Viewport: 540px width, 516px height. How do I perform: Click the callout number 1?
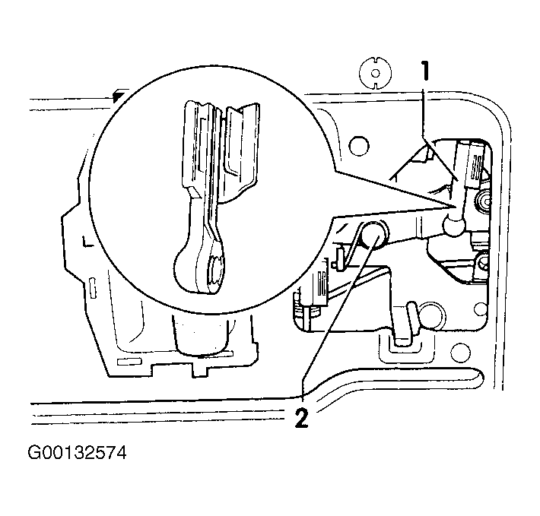click(x=426, y=71)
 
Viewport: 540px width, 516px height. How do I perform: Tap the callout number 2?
click(x=302, y=418)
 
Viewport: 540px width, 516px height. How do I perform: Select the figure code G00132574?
click(x=77, y=453)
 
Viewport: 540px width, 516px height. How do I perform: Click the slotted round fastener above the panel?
click(x=376, y=73)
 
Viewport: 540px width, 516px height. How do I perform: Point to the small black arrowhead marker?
click(x=119, y=95)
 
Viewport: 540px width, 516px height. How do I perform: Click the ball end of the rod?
click(x=454, y=225)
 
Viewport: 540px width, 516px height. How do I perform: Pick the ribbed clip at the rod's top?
click(x=475, y=166)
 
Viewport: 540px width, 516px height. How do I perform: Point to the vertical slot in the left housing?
click(x=93, y=288)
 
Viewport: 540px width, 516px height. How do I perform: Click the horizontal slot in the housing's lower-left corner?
click(x=129, y=362)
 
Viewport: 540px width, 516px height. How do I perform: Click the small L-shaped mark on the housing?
click(x=86, y=242)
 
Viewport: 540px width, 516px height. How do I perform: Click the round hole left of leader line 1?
click(x=358, y=145)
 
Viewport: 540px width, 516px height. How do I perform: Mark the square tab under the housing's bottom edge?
click(x=200, y=371)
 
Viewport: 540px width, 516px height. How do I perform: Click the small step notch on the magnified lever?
click(x=194, y=192)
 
